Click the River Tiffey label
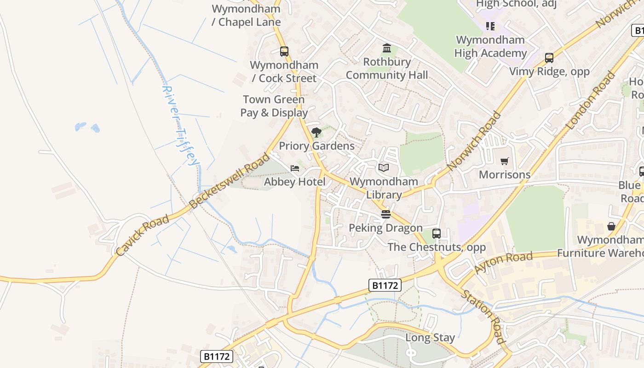(181, 125)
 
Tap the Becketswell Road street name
(230, 180)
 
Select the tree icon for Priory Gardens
(316, 133)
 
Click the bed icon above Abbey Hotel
(295, 168)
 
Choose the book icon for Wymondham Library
(384, 168)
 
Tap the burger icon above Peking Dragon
(385, 214)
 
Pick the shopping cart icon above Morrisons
(505, 161)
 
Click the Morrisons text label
(505, 175)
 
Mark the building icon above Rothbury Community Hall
(387, 48)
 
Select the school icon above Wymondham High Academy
(490, 26)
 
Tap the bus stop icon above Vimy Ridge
(549, 58)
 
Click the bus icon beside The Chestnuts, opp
(437, 234)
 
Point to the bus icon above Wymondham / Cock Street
(284, 52)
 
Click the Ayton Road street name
(504, 263)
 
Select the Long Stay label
(430, 338)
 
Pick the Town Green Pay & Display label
(274, 106)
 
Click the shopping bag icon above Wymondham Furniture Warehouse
(611, 226)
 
